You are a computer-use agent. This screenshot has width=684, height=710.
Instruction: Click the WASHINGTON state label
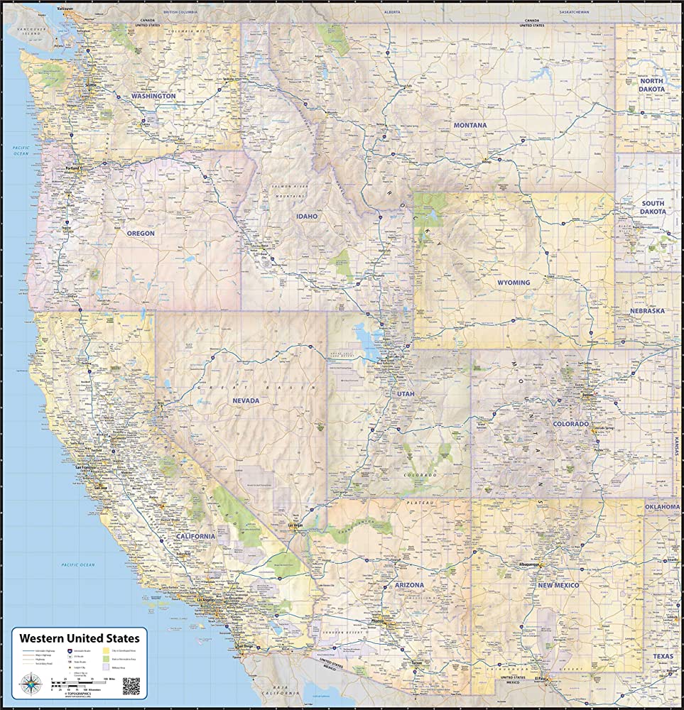(153, 96)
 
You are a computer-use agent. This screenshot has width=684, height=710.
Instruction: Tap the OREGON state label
(140, 233)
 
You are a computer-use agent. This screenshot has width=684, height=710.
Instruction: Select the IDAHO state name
(308, 216)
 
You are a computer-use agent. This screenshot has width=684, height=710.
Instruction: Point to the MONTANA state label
(470, 126)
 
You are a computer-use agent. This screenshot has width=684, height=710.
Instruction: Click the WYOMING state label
(513, 283)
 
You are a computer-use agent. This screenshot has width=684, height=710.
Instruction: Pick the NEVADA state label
(246, 400)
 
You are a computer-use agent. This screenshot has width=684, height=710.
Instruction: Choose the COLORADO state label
(571, 424)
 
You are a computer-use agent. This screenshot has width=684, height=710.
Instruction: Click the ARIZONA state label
(410, 585)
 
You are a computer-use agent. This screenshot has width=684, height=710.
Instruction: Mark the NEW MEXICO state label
(558, 585)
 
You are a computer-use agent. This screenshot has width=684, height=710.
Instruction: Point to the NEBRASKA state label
(646, 311)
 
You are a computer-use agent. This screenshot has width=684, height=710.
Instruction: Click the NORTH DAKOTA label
(651, 86)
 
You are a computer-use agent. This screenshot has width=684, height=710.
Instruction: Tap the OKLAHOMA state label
(662, 507)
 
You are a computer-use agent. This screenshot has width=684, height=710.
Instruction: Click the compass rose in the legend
(33, 683)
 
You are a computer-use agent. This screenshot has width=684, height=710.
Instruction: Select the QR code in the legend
(131, 686)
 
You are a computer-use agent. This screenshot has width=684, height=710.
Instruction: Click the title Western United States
(79, 638)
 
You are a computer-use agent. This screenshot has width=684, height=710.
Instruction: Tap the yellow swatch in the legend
(107, 650)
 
